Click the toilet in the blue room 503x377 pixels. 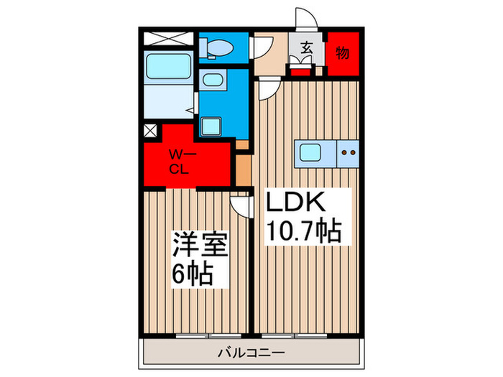tap(216, 48)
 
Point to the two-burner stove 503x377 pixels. tap(348, 152)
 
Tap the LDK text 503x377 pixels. tap(297, 203)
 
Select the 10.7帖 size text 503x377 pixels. tap(303, 231)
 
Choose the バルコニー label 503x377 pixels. tap(251, 353)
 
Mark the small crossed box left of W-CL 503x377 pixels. tap(150, 131)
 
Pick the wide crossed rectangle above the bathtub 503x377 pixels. tap(167, 39)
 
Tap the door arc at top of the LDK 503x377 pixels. tap(269, 90)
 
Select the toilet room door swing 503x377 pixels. tap(262, 48)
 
